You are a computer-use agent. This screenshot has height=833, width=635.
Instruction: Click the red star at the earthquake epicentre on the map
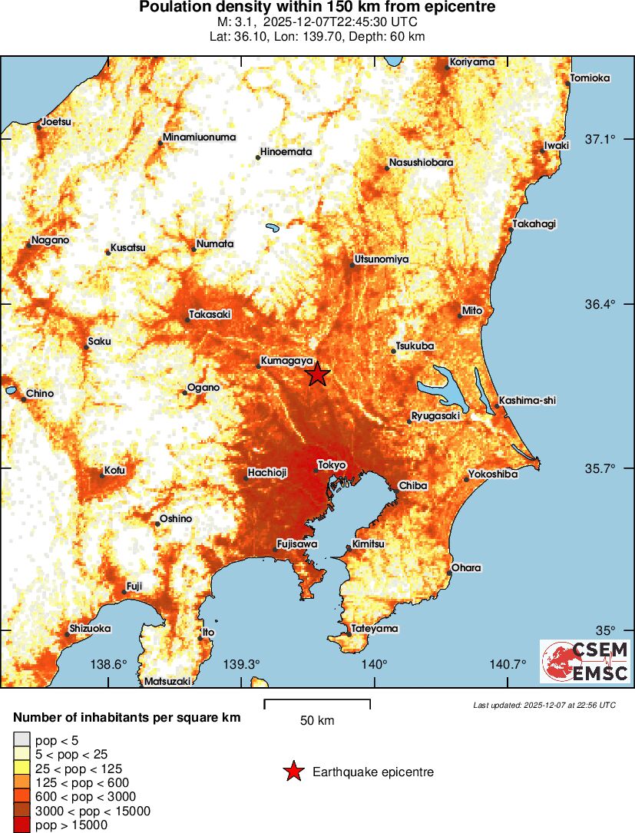pyautogui.click(x=317, y=375)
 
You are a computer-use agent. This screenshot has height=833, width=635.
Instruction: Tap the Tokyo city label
pyautogui.click(x=332, y=465)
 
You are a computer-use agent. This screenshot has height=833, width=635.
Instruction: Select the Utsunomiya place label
pyautogui.click(x=381, y=259)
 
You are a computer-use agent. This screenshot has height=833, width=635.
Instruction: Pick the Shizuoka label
pyautogui.click(x=91, y=628)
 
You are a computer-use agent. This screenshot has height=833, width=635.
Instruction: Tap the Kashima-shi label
pyautogui.click(x=527, y=400)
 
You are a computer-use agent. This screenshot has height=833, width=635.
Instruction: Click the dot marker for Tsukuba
pyautogui.click(x=393, y=352)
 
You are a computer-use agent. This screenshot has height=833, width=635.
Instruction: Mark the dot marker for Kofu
pyautogui.click(x=102, y=476)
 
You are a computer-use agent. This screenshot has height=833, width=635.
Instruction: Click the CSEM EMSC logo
pyautogui.click(x=584, y=661)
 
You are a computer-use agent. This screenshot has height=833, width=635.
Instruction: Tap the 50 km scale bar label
pyautogui.click(x=317, y=721)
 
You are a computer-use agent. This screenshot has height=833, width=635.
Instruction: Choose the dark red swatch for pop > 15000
pyautogui.click(x=21, y=825)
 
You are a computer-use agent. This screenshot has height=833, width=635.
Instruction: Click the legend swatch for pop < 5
pyautogui.click(x=21, y=740)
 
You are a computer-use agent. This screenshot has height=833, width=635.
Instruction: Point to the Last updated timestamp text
pyautogui.click(x=544, y=705)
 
